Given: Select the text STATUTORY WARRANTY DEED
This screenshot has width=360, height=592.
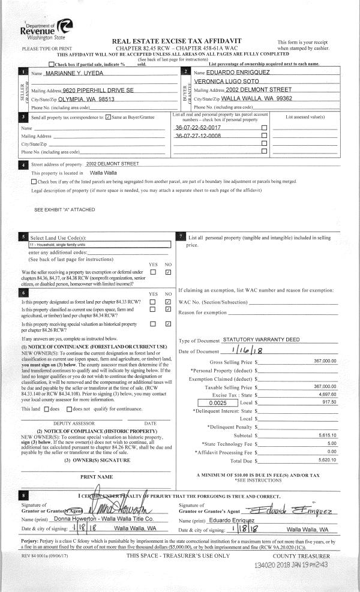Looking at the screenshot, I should (x=261, y=339).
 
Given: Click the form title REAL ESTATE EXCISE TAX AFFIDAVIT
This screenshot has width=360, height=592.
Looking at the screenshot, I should (x=180, y=40).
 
